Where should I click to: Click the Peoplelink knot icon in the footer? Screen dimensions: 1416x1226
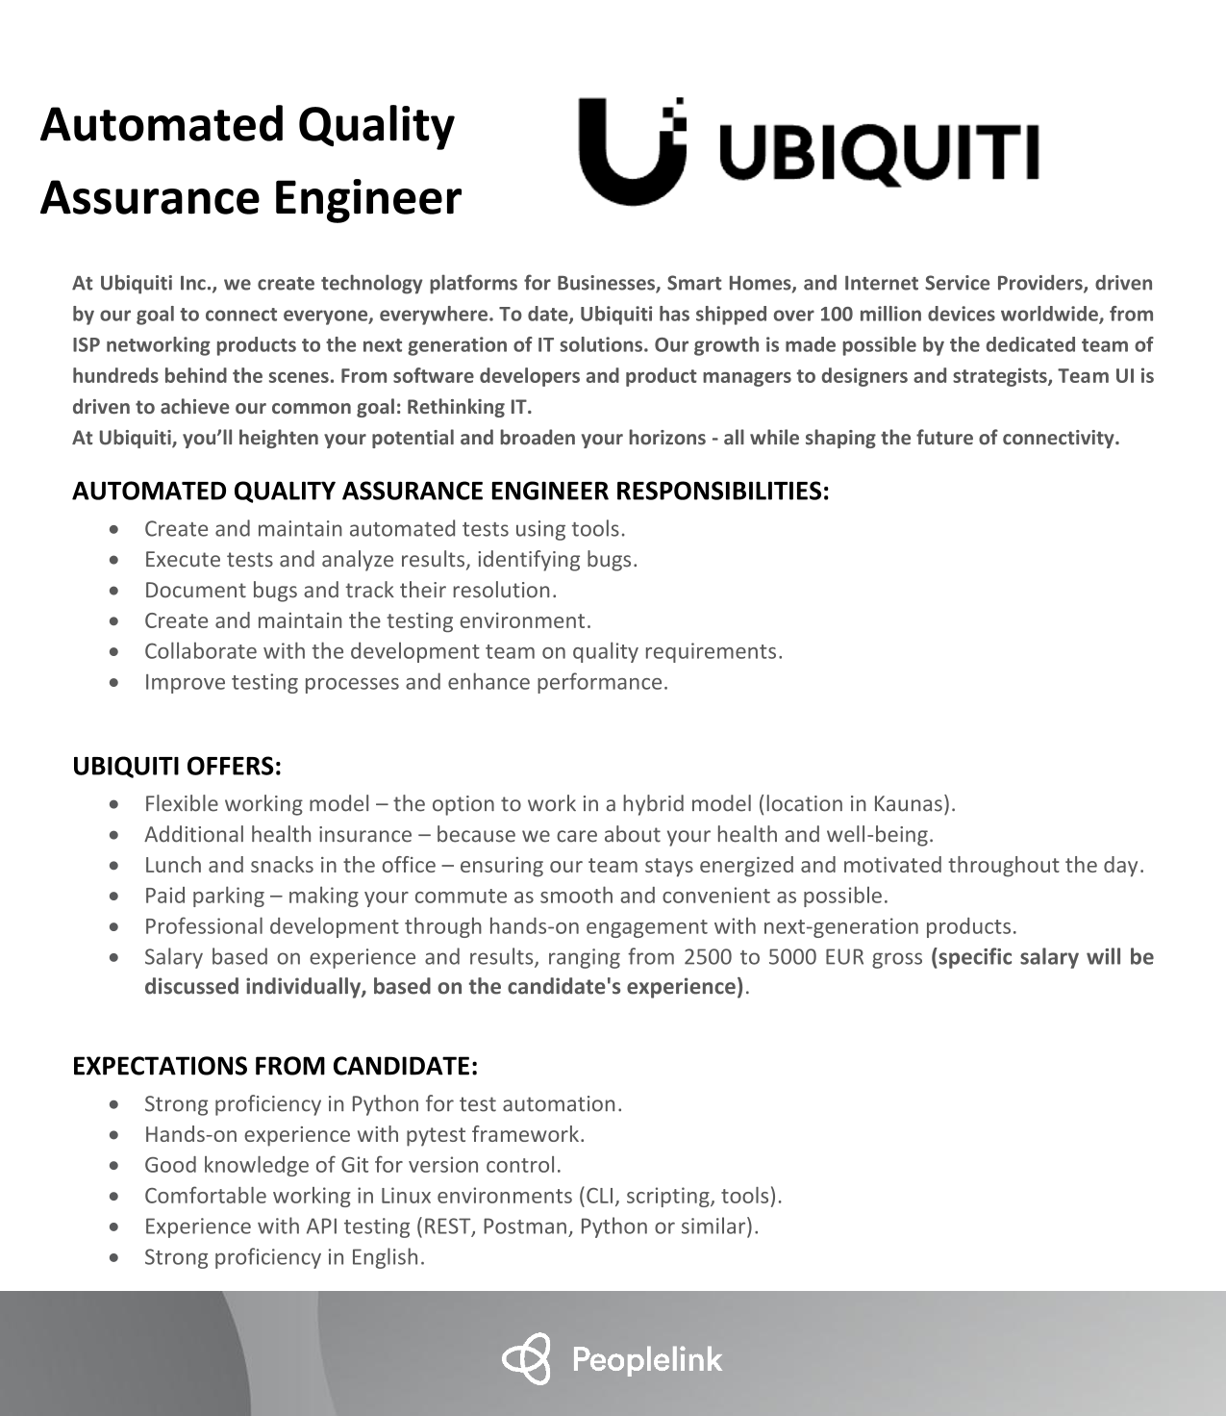(x=527, y=1358)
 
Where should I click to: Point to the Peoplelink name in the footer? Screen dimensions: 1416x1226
(x=647, y=1359)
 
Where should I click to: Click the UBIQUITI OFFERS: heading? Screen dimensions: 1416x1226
(x=177, y=767)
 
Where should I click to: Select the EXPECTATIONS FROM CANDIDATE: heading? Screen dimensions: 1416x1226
(x=275, y=1066)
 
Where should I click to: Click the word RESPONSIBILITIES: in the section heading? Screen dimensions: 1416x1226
(x=721, y=492)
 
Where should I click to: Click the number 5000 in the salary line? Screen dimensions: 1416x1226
(x=792, y=957)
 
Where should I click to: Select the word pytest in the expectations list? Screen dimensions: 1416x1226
(x=435, y=1134)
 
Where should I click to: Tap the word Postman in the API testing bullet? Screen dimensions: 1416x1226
(x=528, y=1226)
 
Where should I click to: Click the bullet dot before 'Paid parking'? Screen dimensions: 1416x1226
(x=115, y=897)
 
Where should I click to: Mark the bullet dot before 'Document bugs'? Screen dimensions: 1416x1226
(x=115, y=591)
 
